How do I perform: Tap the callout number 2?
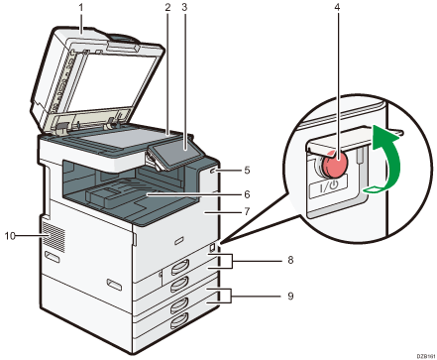tap(168, 9)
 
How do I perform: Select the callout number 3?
tap(184, 9)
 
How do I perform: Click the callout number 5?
tap(247, 170)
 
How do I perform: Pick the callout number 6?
tap(247, 194)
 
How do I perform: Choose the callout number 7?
tap(247, 212)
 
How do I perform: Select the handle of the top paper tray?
tap(178, 265)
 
